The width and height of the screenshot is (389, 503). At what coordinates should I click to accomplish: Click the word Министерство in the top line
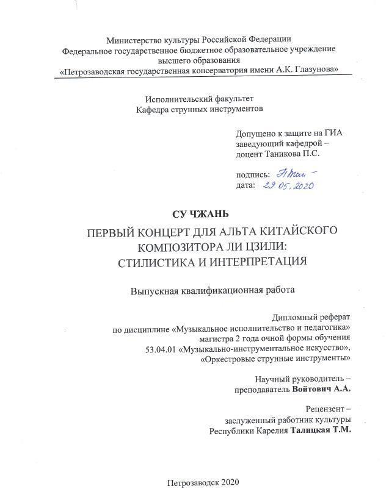click(132, 40)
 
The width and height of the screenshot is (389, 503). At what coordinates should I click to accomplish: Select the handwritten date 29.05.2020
click(288, 185)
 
